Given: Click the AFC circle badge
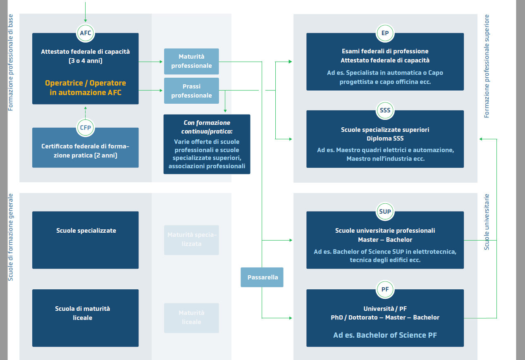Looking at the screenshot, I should click(x=86, y=33).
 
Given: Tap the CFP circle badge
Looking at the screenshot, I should click(x=86, y=128).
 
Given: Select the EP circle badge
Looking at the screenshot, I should click(x=385, y=33).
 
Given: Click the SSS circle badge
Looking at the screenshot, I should click(x=385, y=110).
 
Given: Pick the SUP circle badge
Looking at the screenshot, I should click(x=385, y=212).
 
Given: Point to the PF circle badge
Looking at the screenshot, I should click(x=385, y=289).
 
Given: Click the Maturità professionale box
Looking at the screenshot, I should click(x=191, y=61).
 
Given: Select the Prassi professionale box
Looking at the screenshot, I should click(x=191, y=91).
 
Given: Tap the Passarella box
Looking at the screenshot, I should click(x=262, y=277).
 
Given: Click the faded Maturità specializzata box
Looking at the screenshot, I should click(x=191, y=240).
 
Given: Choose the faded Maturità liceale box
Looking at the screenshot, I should click(x=191, y=317).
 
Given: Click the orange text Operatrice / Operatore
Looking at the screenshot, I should click(x=86, y=83).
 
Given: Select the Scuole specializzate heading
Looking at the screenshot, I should click(x=86, y=231).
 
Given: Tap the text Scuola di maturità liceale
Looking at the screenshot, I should click(x=83, y=313).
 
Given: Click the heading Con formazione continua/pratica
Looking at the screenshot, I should click(x=207, y=127).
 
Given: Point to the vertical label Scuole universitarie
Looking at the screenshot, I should click(x=487, y=222).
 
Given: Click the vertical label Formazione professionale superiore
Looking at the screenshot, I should click(x=487, y=66).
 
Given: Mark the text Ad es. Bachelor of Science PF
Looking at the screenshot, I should click(x=385, y=335).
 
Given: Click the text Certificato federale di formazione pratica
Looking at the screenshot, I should click(x=85, y=151).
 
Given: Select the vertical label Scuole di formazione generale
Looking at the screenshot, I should click(x=11, y=237).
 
